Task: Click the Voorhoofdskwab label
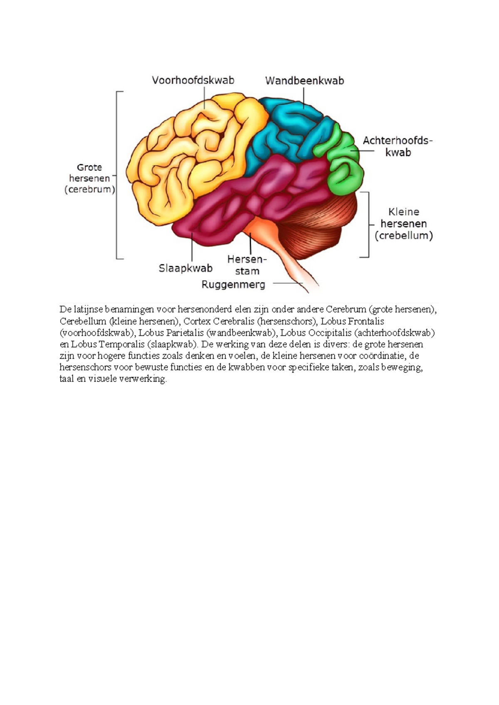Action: pyautogui.click(x=193, y=80)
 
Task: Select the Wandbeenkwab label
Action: pyautogui.click(x=304, y=81)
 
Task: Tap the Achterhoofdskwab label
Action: pyautogui.click(x=398, y=146)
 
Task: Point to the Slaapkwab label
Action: pyautogui.click(x=185, y=269)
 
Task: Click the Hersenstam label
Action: pyautogui.click(x=247, y=265)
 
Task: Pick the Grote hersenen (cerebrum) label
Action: pyautogui.click(x=89, y=178)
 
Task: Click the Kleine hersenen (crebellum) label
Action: pyautogui.click(x=403, y=224)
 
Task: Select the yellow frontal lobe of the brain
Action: pyautogui.click(x=187, y=158)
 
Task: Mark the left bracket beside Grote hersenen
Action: pyautogui.click(x=118, y=175)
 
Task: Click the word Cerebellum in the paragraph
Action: pyautogui.click(x=83, y=321)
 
